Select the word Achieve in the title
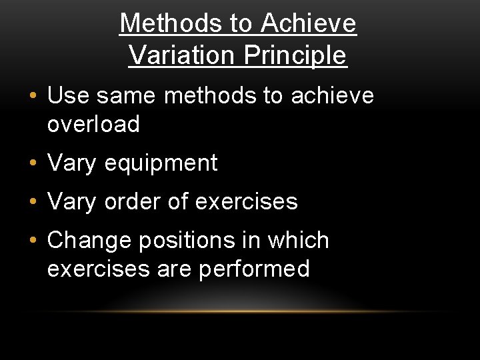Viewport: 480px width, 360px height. tap(309, 24)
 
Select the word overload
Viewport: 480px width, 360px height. tap(93, 124)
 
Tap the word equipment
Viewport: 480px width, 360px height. tap(161, 163)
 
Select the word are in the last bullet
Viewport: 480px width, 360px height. tap(175, 269)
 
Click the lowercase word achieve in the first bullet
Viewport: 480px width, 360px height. tap(332, 96)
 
